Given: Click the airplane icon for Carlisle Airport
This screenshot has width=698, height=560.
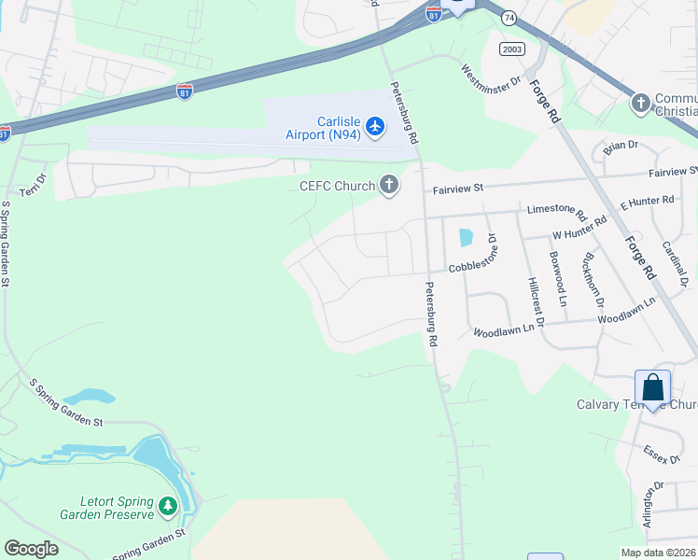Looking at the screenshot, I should [x=375, y=126].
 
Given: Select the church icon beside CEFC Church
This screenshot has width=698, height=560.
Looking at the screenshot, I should [x=388, y=187].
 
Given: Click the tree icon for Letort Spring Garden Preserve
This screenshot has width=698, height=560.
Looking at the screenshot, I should [x=168, y=506].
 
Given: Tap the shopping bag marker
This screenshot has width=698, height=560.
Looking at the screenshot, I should [x=653, y=388].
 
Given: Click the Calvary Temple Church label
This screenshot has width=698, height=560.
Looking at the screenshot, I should [x=636, y=405].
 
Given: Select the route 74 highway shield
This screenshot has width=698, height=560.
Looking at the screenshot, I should [x=509, y=18].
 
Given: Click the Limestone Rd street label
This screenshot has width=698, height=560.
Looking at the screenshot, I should [x=556, y=213].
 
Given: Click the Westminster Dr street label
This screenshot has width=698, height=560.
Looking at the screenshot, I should [x=491, y=77].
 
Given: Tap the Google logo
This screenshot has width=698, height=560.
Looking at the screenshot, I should [x=31, y=549].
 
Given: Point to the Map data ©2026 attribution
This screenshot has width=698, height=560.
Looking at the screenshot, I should [x=658, y=553].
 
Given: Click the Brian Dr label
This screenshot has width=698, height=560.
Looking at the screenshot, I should [x=620, y=145].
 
